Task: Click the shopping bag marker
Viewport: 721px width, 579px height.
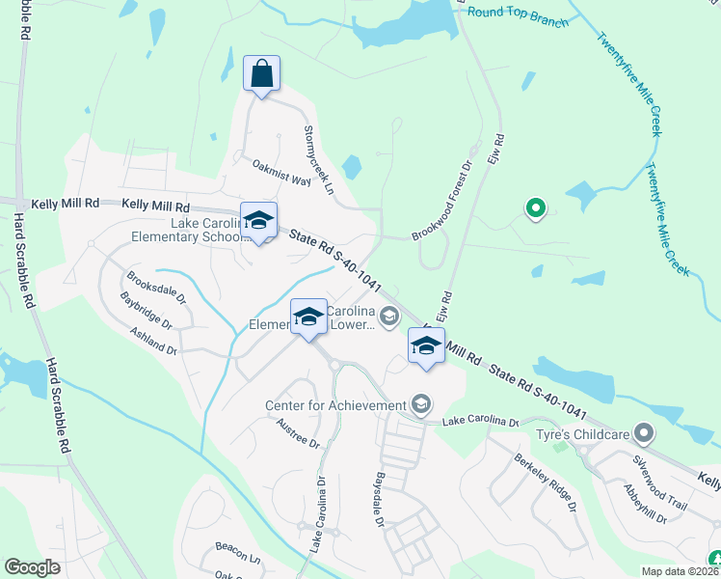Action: [x=262, y=74]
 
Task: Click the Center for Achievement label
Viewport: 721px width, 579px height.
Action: [x=336, y=405]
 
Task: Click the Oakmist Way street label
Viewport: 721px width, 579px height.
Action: [x=281, y=173]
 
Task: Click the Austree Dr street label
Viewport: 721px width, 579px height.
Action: [x=297, y=434]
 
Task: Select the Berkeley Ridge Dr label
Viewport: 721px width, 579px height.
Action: [x=545, y=482]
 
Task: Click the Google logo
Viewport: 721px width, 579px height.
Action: [x=33, y=567]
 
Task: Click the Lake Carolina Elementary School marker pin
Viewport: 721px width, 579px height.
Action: [x=257, y=221]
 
